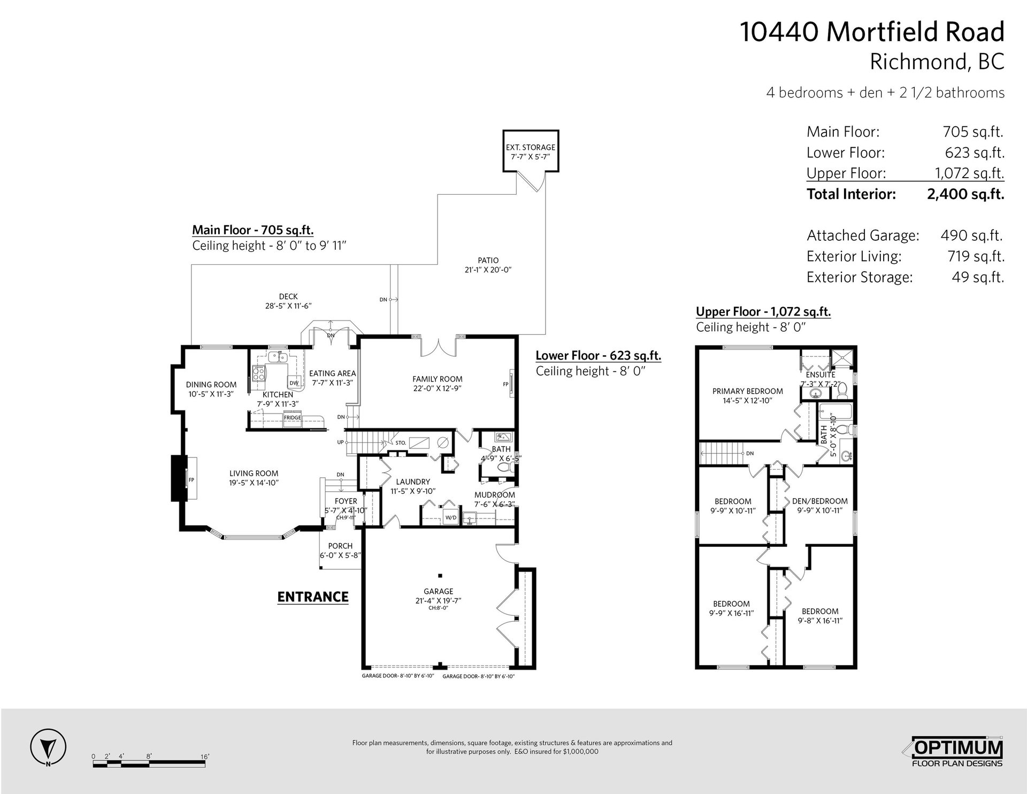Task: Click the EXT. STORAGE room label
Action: [531, 147]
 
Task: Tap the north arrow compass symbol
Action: [48, 746]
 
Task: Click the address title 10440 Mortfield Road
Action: [872, 32]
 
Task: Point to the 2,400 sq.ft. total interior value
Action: [965, 194]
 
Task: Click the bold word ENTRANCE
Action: [313, 597]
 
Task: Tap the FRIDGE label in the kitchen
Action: [292, 417]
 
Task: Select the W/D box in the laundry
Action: [451, 517]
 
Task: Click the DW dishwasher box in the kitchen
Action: [294, 383]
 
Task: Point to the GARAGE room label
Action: [439, 591]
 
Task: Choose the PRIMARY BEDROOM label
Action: [747, 391]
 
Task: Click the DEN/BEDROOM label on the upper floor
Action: [819, 501]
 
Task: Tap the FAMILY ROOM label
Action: [438, 379]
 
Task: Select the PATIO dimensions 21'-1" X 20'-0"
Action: [488, 270]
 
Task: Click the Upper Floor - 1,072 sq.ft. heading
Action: [763, 312]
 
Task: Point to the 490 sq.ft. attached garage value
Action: [971, 235]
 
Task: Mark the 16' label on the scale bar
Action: [205, 757]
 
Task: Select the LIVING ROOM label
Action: [254, 474]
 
